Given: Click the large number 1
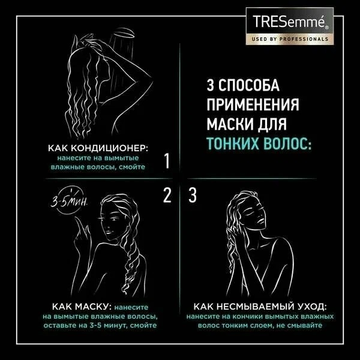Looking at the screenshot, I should click(167, 161).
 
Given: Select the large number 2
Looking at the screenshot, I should click(167, 194).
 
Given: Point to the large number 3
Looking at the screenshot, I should click(192, 194).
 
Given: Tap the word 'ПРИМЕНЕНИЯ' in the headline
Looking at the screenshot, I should click(253, 105).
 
